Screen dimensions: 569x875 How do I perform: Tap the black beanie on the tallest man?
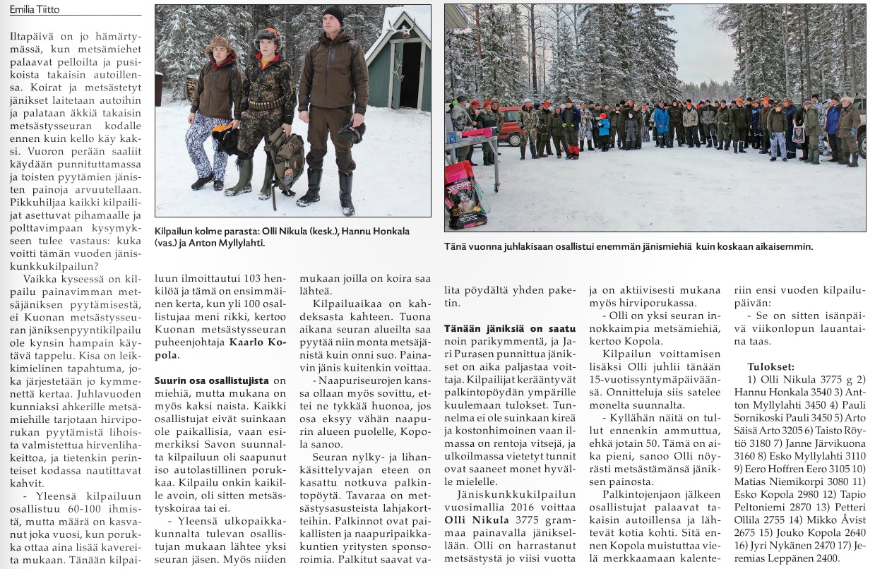point(332,15)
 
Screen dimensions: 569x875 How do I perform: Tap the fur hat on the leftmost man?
point(220,47)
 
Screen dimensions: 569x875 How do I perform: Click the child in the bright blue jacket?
point(604,126)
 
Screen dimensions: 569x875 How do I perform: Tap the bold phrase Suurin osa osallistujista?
point(212,381)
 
